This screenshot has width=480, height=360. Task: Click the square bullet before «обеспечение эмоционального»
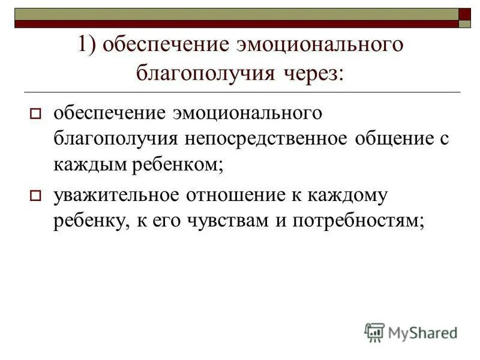[x=35, y=114]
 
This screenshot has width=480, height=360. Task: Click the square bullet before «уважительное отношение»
[x=35, y=196]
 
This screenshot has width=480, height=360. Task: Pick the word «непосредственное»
[x=260, y=139]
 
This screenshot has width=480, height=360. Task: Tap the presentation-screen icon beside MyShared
[x=374, y=332]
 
